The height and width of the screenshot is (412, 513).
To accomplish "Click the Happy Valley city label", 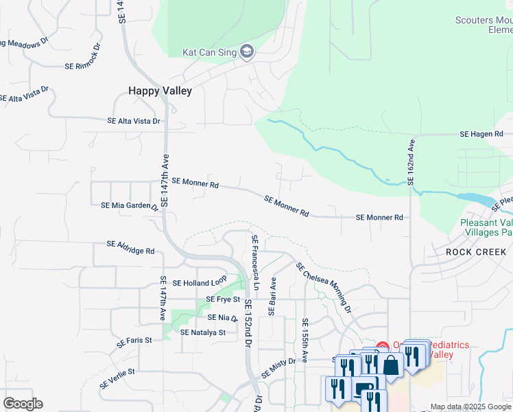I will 160,91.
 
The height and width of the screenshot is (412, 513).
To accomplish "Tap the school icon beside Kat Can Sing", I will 248,52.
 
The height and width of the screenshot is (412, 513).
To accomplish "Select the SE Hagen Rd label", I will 481,134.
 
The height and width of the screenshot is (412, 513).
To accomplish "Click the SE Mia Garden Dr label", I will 130,205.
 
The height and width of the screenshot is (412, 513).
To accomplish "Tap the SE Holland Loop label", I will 200,283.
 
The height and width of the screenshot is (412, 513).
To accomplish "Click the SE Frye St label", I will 223,300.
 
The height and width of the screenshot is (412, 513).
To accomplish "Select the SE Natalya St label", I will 203,332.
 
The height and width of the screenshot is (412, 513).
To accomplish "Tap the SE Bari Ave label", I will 272,297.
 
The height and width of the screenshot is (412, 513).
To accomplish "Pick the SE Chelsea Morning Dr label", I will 324,288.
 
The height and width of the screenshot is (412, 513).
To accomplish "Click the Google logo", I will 23,404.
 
